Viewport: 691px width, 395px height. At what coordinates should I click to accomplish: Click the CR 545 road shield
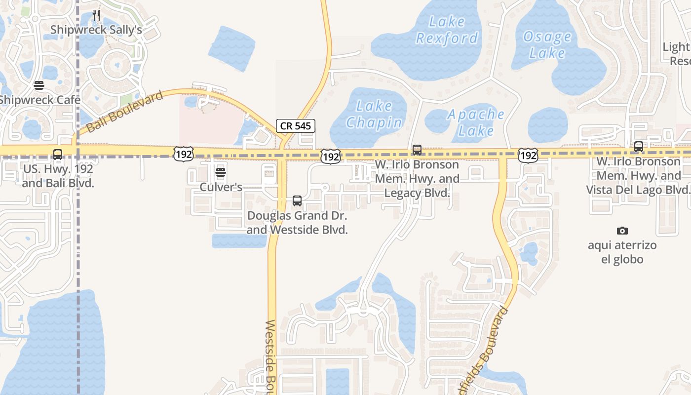[x=296, y=126]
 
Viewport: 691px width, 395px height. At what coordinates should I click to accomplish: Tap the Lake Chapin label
[x=374, y=114]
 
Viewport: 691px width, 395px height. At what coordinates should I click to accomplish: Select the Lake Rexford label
[x=447, y=30]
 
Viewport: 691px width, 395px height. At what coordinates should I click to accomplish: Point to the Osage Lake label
[x=547, y=44]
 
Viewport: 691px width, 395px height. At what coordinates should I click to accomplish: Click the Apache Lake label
[x=476, y=122]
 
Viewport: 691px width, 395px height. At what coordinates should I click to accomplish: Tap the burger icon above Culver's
[x=221, y=172]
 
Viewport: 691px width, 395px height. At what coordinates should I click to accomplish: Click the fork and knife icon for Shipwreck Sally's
[x=96, y=15]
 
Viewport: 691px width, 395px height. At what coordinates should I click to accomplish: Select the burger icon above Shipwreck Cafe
[x=39, y=85]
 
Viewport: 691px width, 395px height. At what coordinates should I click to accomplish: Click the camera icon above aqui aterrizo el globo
[x=622, y=231]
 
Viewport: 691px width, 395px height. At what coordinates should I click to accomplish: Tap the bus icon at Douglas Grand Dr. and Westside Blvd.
[x=297, y=201]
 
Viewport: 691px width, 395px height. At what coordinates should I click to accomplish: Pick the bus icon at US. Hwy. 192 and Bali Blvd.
[x=58, y=155]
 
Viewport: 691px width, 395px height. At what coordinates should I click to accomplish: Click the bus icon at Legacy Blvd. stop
[x=417, y=150]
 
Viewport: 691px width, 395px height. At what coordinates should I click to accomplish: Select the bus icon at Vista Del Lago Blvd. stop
[x=639, y=147]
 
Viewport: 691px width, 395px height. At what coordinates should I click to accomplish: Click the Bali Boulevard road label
[x=124, y=112]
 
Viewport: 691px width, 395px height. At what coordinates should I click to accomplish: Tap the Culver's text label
[x=221, y=187]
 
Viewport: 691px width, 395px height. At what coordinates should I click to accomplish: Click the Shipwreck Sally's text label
[x=96, y=30]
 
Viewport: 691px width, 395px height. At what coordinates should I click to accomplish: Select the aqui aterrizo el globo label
[x=622, y=252]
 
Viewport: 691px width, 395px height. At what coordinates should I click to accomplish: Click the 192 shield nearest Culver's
[x=183, y=154]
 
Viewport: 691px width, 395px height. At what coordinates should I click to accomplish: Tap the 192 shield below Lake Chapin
[x=330, y=157]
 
